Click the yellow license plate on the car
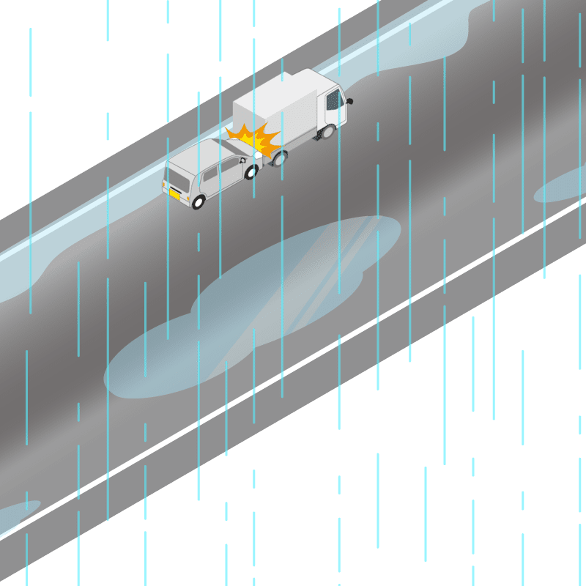click(x=175, y=194)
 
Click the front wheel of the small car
click(x=251, y=173)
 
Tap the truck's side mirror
click(x=349, y=100)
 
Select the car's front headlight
click(x=259, y=156)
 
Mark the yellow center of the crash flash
click(x=253, y=139)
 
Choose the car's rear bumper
click(x=176, y=201)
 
